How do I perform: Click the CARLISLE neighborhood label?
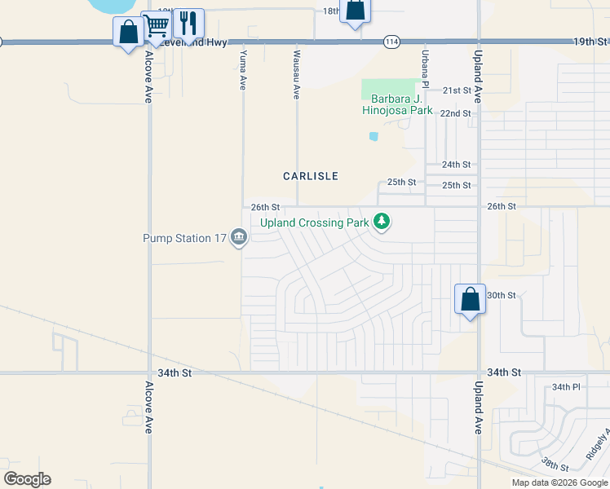coord(310,176)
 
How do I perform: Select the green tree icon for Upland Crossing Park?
coord(381,221)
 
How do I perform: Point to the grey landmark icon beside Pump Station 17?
coord(239,238)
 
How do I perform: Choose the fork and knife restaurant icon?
coord(188,23)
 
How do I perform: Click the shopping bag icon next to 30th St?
coord(470,299)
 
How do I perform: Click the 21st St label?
coord(457,90)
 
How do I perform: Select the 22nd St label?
coord(456,113)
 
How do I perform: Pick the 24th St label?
coord(457,165)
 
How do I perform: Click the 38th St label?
coord(555,465)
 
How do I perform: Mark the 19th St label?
coord(590,41)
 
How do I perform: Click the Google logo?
coord(27,479)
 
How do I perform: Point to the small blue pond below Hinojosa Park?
coord(374,136)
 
